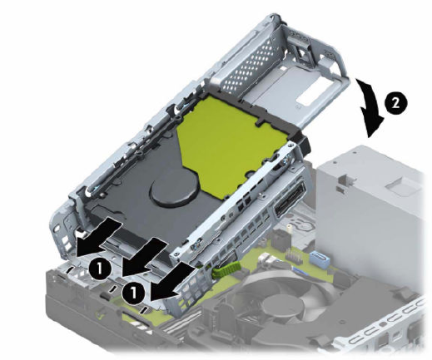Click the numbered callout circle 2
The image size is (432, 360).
396,104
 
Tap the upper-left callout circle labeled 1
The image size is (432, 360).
100,269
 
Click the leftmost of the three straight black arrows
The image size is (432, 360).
98,236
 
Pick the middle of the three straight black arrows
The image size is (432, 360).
144,255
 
